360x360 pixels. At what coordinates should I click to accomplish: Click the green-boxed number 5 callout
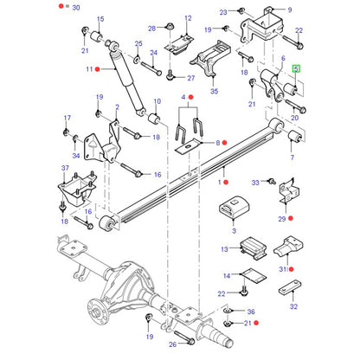click(296, 69)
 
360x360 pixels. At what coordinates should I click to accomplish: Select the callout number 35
click(214, 91)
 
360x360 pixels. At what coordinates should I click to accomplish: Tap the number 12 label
click(188, 18)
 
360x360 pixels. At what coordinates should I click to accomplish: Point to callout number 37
click(65, 168)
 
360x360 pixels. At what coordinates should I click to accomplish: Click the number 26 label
click(172, 344)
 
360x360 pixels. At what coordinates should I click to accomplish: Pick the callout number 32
click(293, 306)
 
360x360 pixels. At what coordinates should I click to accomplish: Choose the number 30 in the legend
click(76, 7)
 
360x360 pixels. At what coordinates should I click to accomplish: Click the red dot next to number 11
click(98, 69)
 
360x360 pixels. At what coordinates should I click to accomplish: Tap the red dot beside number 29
click(291, 218)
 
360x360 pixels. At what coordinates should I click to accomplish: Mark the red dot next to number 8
click(225, 143)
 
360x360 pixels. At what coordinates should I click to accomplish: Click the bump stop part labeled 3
click(234, 207)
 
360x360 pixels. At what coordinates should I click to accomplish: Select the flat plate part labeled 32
click(290, 287)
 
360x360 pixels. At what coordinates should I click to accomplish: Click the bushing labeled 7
click(295, 137)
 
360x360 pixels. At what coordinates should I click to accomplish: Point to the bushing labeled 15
click(97, 35)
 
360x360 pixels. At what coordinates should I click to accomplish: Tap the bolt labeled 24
click(151, 68)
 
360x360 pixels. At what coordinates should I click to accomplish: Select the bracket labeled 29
click(289, 191)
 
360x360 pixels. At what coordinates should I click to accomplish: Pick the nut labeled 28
click(170, 25)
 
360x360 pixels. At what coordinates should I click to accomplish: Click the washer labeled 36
click(228, 311)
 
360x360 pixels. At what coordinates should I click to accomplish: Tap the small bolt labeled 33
click(272, 181)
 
